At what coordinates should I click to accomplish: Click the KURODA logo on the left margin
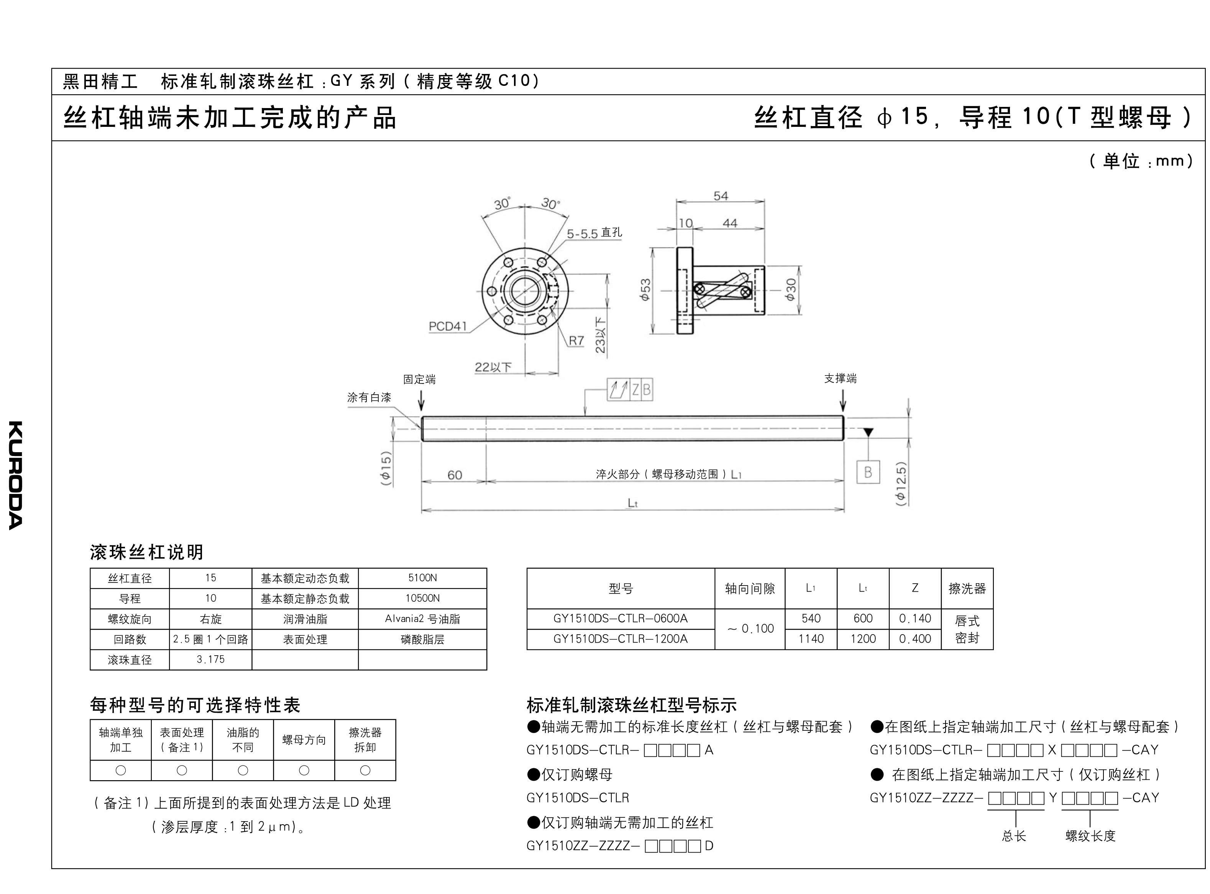16,475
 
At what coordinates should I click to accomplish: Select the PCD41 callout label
448,326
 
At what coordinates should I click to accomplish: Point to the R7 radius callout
576,340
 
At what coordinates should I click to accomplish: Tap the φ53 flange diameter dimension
645,290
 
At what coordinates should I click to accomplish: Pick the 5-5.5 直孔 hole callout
594,233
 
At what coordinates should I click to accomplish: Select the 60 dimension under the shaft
455,475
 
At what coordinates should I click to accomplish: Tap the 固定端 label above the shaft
419,379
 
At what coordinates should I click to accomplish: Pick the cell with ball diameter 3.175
210,660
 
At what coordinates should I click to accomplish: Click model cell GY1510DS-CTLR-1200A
620,639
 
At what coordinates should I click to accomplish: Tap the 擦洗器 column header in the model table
967,588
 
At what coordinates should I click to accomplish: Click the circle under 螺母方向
304,770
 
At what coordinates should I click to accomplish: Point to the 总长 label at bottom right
1013,836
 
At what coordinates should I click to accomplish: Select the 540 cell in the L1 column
811,618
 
